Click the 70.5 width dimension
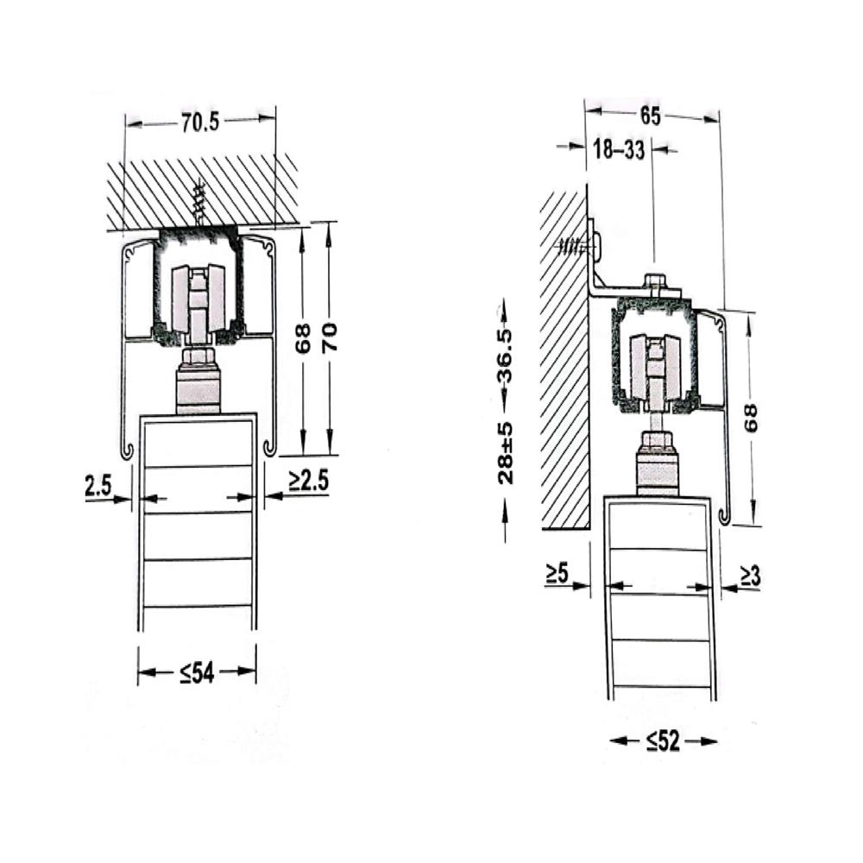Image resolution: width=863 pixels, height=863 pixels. (200, 123)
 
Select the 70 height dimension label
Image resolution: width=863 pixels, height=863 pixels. (330, 337)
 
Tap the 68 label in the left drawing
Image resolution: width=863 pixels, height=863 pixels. (303, 338)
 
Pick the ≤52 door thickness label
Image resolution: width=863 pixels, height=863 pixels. (663, 741)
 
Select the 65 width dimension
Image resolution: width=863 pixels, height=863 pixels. (651, 117)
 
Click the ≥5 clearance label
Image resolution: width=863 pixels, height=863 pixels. (557, 574)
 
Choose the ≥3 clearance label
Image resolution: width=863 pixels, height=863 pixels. (749, 576)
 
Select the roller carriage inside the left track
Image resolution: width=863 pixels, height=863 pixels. (198, 298)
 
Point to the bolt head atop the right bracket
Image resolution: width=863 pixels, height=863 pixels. (654, 283)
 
